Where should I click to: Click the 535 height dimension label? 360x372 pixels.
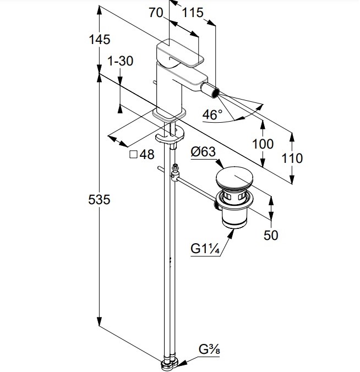tap(99, 199)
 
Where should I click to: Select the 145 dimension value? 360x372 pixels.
tap(99, 40)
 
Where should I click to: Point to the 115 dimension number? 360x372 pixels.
tap(192, 12)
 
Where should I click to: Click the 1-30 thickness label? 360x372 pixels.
tap(120, 61)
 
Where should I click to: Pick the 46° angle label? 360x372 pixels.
tap(212, 114)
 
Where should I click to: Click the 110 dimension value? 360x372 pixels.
tap(292, 159)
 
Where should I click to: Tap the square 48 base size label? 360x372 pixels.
tap(141, 155)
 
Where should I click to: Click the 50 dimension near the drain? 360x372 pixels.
tap(271, 235)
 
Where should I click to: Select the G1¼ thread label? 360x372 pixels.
tap(205, 249)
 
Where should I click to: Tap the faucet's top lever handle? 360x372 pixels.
tap(179, 53)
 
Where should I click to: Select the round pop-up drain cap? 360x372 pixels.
tap(236, 180)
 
